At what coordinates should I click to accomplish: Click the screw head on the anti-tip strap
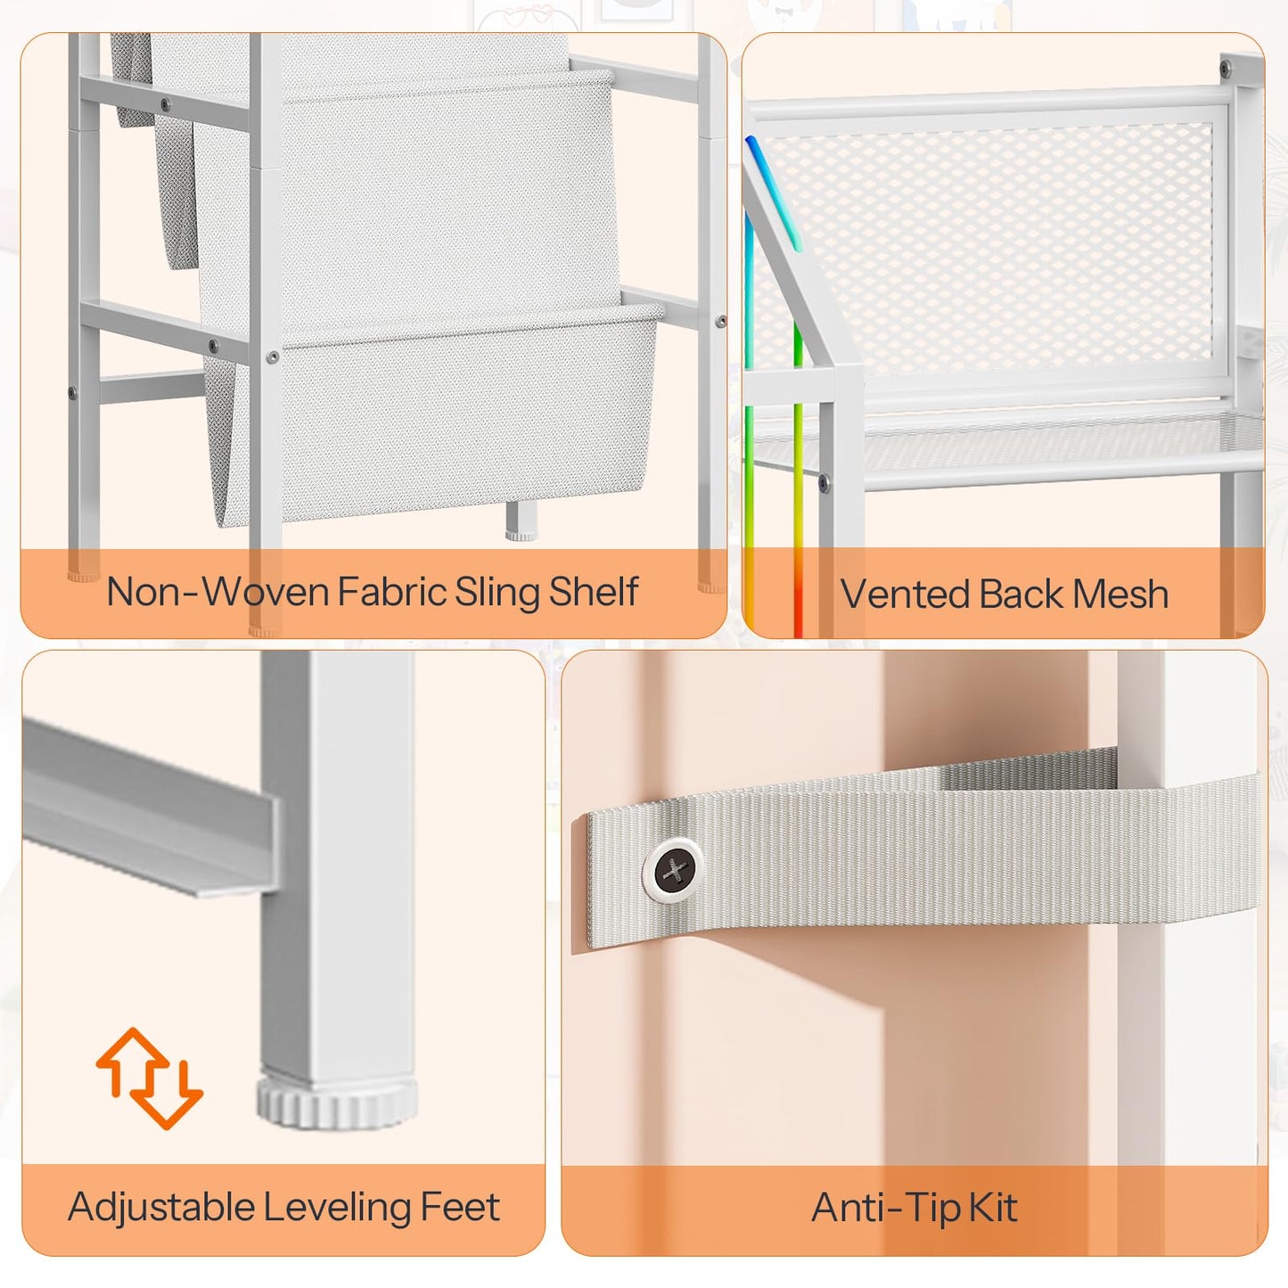pyautogui.click(x=674, y=870)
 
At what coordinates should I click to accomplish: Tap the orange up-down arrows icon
pyautogui.click(x=149, y=1079)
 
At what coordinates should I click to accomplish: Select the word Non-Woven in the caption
pyautogui.click(x=217, y=592)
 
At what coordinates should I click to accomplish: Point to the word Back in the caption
pyautogui.click(x=1021, y=594)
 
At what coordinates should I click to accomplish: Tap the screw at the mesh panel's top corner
pyautogui.click(x=1226, y=67)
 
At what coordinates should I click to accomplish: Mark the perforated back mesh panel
pyautogui.click(x=989, y=247)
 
